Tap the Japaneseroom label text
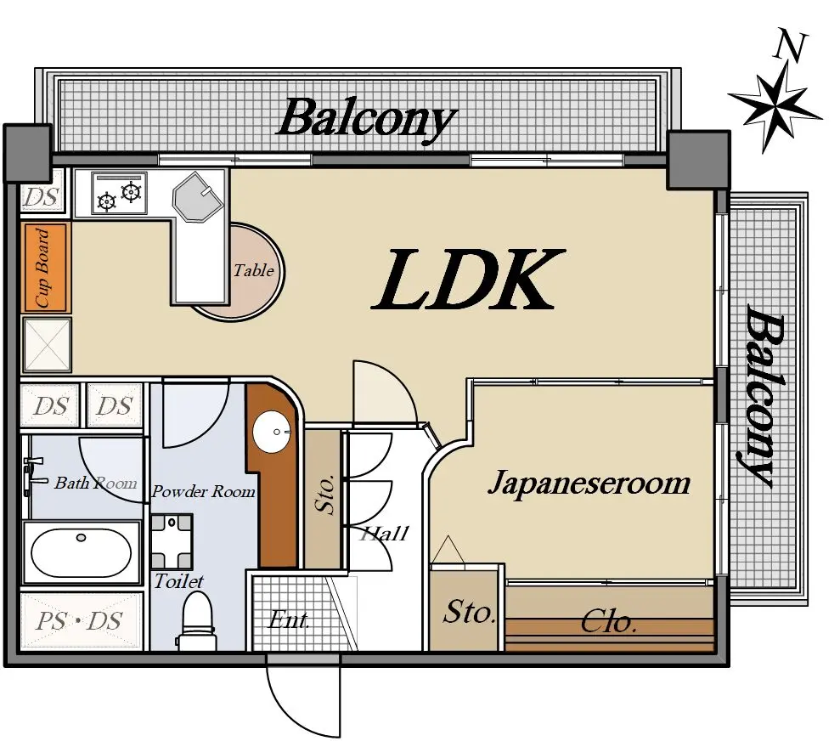click(x=589, y=483)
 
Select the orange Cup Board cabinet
click(x=46, y=268)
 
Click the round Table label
click(x=253, y=270)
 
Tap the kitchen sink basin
click(x=196, y=196)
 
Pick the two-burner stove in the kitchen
click(x=119, y=193)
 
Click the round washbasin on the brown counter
click(x=272, y=432)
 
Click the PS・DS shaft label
click(x=79, y=621)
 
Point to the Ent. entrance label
click(x=288, y=620)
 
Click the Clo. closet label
click(x=609, y=622)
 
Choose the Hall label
click(x=384, y=534)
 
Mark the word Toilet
click(x=179, y=580)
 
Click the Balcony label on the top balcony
click(x=366, y=120)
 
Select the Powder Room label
click(x=204, y=491)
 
